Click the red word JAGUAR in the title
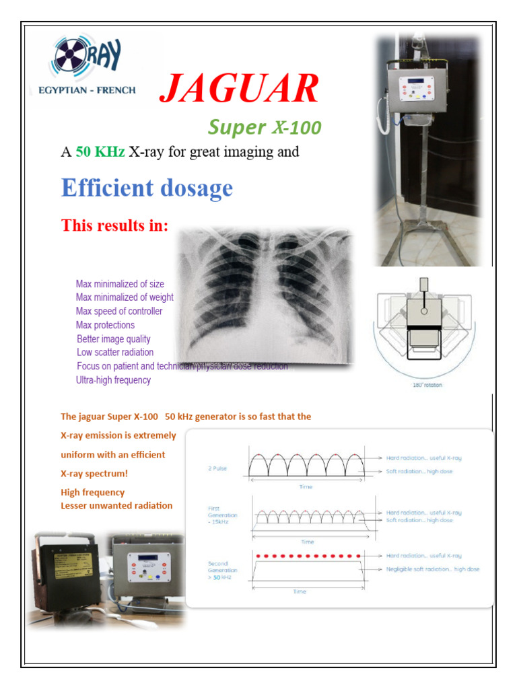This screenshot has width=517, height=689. (239, 89)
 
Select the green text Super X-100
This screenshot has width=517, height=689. (264, 126)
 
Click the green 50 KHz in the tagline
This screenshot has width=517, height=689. (100, 152)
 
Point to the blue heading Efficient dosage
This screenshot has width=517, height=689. (147, 188)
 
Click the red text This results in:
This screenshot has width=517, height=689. (114, 225)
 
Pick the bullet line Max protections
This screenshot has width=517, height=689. (105, 325)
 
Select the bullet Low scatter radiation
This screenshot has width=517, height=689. (115, 352)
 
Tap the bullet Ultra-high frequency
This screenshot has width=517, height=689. (113, 379)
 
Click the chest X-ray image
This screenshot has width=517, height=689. (264, 295)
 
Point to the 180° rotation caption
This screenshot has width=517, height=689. (427, 386)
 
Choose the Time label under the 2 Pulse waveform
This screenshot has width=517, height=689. (306, 486)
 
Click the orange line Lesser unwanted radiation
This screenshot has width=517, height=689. (116, 505)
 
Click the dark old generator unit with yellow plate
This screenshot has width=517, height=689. (67, 571)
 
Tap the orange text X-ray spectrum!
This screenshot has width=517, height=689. (94, 473)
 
